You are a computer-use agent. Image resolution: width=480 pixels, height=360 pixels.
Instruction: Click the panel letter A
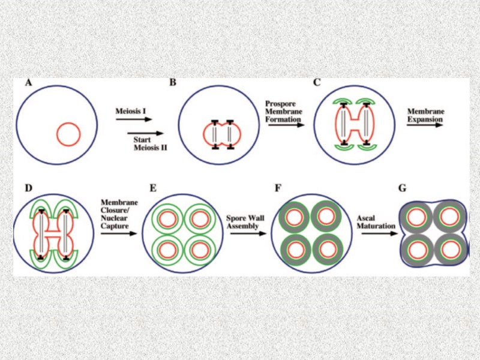coord(28,83)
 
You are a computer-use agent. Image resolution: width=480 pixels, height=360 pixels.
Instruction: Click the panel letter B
coord(172,83)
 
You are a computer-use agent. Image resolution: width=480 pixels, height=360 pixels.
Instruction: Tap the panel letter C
coord(317,83)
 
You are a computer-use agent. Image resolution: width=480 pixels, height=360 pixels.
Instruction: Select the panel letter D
coord(28,188)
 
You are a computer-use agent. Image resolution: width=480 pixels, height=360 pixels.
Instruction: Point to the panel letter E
coord(153,188)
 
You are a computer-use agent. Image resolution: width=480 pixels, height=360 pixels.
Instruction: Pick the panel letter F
coord(278,188)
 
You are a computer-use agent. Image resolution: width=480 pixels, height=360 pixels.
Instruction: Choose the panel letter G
coord(402,188)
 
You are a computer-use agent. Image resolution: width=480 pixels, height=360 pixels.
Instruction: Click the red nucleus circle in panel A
coord(68,134)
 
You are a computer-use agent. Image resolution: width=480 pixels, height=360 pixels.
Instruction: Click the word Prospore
coord(280,103)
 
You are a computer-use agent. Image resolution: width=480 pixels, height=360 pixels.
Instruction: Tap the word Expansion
coord(425,119)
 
